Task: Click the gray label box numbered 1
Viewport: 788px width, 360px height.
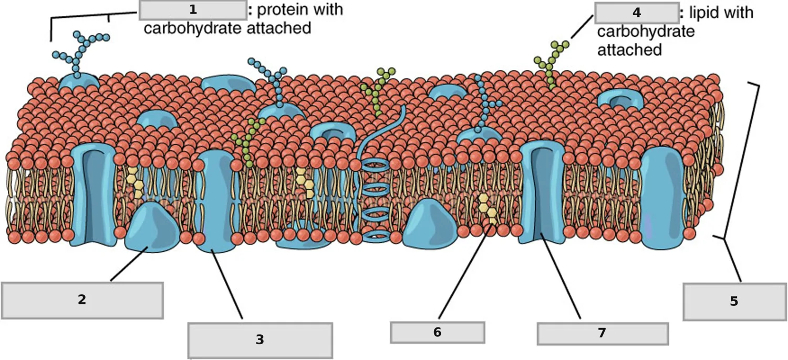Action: click(x=193, y=10)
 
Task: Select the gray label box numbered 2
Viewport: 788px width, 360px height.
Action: click(x=82, y=301)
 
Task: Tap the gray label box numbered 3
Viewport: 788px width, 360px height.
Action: click(x=260, y=341)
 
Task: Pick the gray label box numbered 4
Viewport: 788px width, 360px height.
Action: click(x=637, y=13)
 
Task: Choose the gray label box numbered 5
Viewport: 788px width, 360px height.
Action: click(x=734, y=302)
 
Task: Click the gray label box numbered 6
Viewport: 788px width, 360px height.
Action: click(x=437, y=332)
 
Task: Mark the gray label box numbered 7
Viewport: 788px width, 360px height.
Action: click(x=603, y=333)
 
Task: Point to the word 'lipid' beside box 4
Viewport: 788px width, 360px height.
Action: click(x=703, y=13)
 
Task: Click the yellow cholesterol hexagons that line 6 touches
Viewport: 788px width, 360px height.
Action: click(x=488, y=208)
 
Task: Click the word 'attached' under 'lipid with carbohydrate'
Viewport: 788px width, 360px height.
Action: click(x=630, y=50)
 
